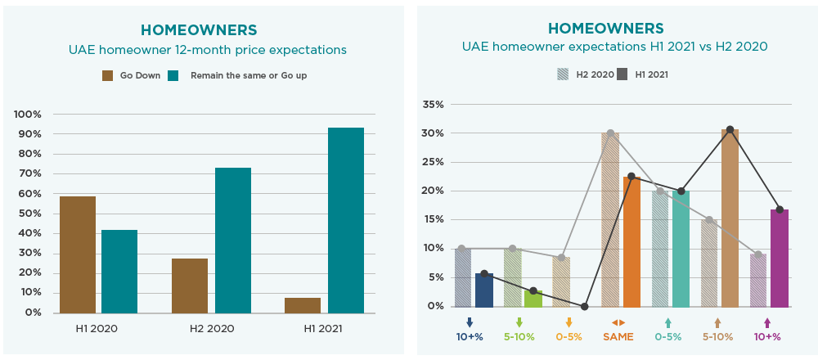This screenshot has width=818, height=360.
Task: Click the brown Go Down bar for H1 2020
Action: click(x=78, y=254)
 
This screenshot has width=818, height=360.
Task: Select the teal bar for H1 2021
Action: click(x=345, y=220)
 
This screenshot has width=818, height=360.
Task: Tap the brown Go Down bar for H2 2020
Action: click(x=190, y=286)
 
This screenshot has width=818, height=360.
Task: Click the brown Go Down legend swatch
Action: click(x=107, y=76)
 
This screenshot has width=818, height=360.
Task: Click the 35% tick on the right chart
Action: click(x=433, y=105)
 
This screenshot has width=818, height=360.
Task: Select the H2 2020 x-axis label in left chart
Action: click(x=211, y=329)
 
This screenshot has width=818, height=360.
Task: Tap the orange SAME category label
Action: click(x=618, y=336)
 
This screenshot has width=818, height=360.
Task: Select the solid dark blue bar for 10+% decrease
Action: click(x=484, y=290)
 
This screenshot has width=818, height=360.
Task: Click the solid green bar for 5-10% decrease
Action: click(x=533, y=298)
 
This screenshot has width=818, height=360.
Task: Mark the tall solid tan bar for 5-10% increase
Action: click(x=730, y=218)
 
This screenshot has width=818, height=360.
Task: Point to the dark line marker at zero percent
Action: click(x=584, y=306)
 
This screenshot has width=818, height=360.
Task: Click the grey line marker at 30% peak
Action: click(x=610, y=133)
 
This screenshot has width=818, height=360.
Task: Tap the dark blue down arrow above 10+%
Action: click(x=470, y=322)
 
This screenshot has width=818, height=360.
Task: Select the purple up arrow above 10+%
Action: click(x=766, y=322)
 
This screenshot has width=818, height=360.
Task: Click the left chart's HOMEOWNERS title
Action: click(x=199, y=29)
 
